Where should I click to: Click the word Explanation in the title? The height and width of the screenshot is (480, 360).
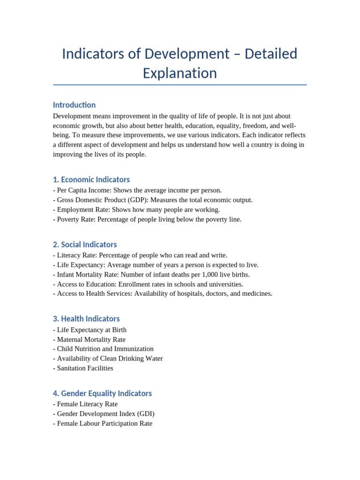point(180,73)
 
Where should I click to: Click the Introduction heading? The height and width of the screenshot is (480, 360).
point(74,105)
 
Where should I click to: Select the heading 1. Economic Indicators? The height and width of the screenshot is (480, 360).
point(91,180)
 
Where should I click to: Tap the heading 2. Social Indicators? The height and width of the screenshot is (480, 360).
point(85,244)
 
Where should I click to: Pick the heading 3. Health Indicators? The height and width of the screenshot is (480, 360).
point(86,319)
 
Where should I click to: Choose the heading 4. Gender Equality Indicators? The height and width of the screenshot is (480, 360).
point(102,393)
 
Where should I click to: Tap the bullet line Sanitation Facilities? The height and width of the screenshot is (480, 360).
point(85,368)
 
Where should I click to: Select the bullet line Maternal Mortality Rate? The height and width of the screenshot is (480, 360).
point(91,339)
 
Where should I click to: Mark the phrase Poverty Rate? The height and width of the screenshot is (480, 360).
point(75,219)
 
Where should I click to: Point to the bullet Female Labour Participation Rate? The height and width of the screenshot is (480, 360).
point(105,423)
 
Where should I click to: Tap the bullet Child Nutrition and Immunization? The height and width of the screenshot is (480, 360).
point(105,349)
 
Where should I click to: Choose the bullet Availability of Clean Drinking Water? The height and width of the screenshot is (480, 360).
point(110,359)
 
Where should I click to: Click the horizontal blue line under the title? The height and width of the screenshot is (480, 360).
point(180,85)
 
